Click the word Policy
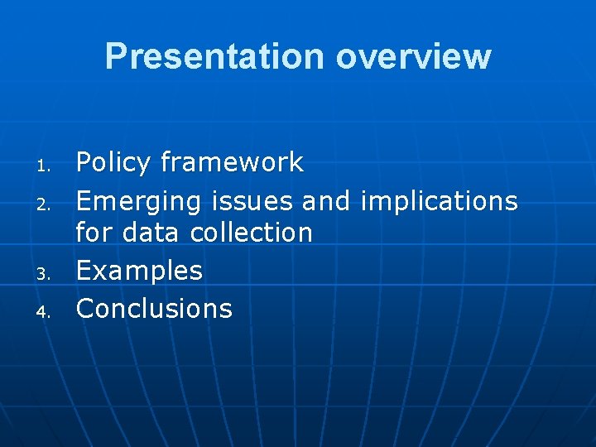coord(113,163)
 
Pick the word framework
coord(232,162)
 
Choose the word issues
coord(252,201)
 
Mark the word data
coord(152,233)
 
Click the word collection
coord(252,233)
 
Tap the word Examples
coord(139,271)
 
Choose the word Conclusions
coord(154,309)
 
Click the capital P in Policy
coord(84,163)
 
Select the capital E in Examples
coord(84,271)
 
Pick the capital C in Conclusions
coord(85,309)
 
